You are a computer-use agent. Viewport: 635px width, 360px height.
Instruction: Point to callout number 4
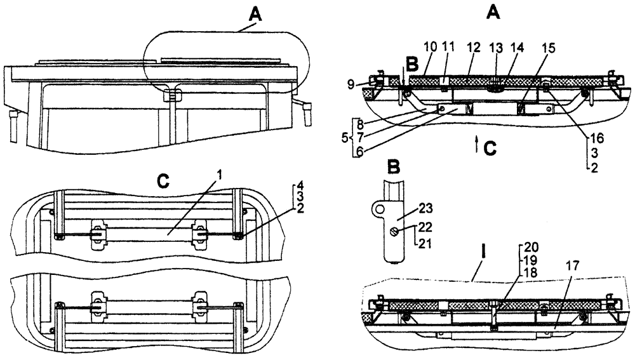click(x=298, y=186)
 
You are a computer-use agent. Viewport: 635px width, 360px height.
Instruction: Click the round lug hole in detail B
click(x=380, y=208)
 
